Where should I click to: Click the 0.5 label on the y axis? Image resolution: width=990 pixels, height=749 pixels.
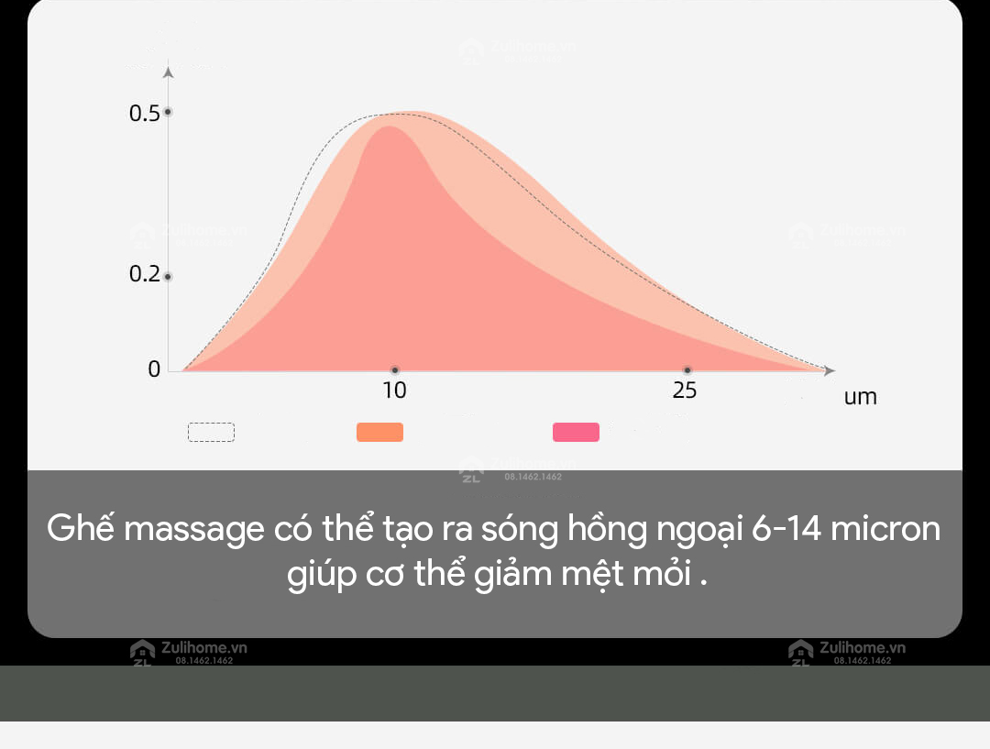click(144, 114)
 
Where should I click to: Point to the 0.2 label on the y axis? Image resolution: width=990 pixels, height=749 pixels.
click(144, 275)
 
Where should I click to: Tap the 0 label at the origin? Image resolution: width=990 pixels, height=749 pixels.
click(154, 369)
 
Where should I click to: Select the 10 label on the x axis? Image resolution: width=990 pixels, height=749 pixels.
click(394, 391)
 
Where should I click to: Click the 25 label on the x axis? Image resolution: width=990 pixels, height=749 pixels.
click(685, 391)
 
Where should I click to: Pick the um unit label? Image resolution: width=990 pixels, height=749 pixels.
click(860, 398)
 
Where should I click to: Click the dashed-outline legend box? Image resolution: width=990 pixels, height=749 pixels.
click(211, 432)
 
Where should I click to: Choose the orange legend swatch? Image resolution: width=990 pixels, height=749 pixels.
click(379, 432)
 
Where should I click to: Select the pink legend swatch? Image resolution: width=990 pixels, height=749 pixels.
click(576, 432)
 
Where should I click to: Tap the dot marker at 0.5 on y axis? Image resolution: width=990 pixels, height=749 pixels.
click(168, 112)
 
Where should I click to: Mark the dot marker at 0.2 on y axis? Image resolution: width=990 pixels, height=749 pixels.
click(168, 276)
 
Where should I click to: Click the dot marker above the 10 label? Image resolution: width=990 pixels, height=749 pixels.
click(395, 370)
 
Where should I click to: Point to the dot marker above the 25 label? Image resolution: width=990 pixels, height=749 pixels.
click(687, 370)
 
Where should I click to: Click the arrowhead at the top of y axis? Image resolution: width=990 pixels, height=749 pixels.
click(168, 71)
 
